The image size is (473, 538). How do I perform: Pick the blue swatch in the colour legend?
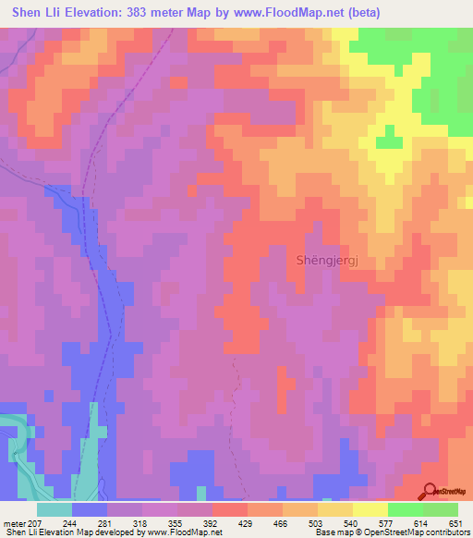coord(90,509)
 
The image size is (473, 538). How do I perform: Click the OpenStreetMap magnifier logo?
coord(430,490)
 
